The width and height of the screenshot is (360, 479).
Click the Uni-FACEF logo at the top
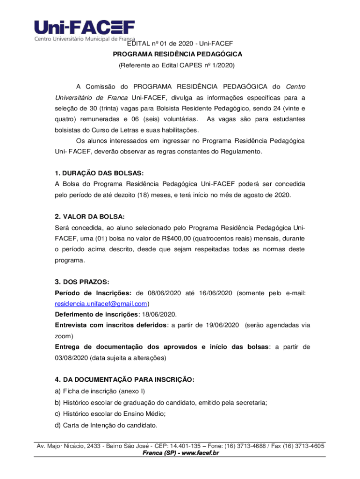[84, 29]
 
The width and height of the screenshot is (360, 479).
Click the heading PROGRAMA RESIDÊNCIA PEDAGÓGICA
[180, 54]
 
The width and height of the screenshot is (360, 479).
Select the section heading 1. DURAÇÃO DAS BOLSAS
[99, 174]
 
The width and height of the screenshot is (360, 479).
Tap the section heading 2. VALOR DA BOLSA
[89, 217]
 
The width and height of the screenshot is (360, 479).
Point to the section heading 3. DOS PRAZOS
[82, 282]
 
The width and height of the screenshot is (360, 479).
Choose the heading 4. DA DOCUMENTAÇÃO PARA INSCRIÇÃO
[124, 380]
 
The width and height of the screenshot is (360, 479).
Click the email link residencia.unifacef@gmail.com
[101, 304]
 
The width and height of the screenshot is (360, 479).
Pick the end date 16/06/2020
[215, 293]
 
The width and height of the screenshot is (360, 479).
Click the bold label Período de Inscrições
[93, 293]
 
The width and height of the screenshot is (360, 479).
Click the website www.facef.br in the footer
[198, 453]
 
